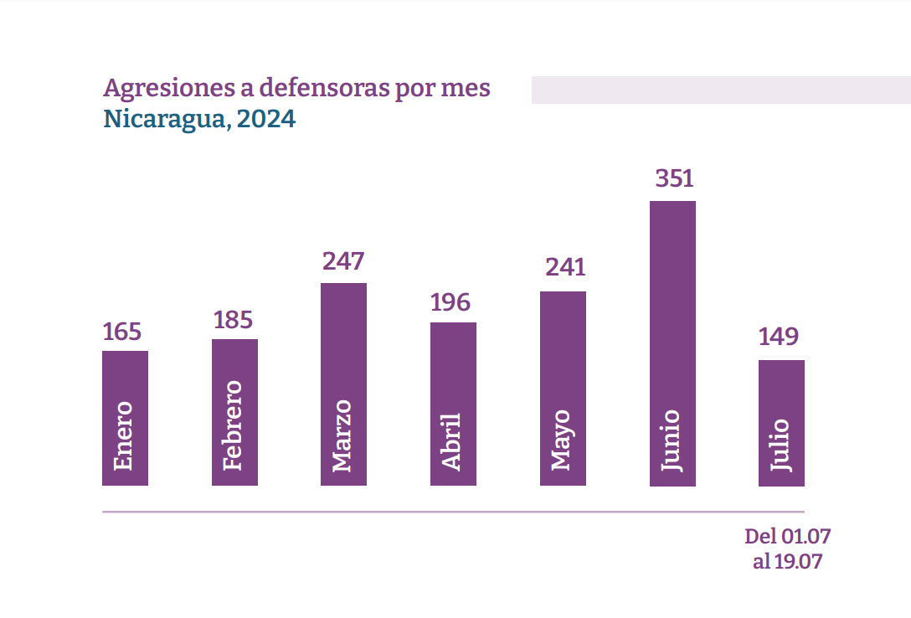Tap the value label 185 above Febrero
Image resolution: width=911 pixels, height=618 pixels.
click(x=234, y=320)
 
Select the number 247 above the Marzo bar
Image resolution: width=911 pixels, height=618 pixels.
click(x=343, y=261)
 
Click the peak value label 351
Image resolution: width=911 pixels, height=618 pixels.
click(x=674, y=179)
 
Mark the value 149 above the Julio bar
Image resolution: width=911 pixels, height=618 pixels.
click(x=779, y=337)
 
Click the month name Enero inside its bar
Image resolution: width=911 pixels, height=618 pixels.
click(x=124, y=435)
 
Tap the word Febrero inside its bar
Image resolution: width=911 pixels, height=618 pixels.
click(x=234, y=425)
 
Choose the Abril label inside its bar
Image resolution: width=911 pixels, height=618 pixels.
click(x=452, y=441)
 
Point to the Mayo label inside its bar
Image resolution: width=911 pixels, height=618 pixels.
click(x=561, y=440)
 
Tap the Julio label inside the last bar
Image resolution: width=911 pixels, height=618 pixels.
click(x=780, y=445)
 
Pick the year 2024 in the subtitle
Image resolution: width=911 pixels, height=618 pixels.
click(x=266, y=120)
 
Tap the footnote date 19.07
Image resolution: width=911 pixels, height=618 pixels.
click(x=799, y=561)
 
